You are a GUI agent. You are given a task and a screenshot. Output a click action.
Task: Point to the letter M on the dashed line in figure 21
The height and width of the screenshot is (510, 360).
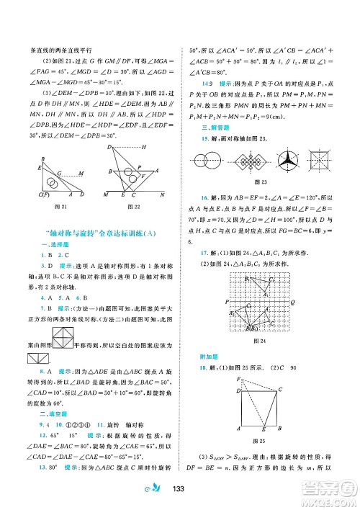(82, 174)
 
